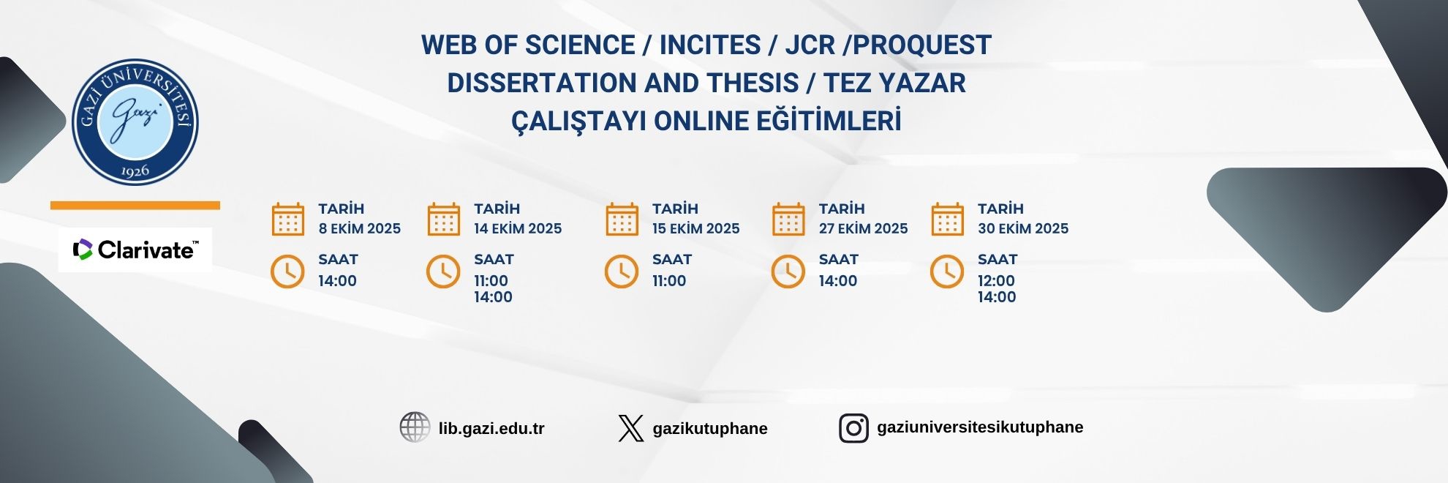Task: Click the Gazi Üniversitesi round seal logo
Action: coord(135,122)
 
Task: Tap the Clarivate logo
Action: coord(135,250)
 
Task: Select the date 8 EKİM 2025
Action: coord(360,228)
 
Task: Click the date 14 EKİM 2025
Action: coord(518,228)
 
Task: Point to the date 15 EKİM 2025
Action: coord(696,228)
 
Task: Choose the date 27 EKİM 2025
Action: coord(863,228)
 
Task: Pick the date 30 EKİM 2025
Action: coord(1023,228)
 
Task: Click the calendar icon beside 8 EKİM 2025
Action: coord(288,220)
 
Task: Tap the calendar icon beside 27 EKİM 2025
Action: coord(788,220)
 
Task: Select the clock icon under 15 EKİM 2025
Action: coord(622,272)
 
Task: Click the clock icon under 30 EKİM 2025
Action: coord(947,272)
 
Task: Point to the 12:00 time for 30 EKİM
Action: coord(996,281)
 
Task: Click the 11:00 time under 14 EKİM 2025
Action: coord(491,281)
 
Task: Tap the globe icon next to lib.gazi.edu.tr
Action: coord(415,427)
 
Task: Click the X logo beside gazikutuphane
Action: coord(630,428)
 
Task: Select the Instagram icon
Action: coord(853,428)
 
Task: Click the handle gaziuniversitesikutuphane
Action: coord(980,427)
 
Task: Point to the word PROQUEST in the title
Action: coord(922,45)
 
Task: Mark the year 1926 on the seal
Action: coord(135,171)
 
